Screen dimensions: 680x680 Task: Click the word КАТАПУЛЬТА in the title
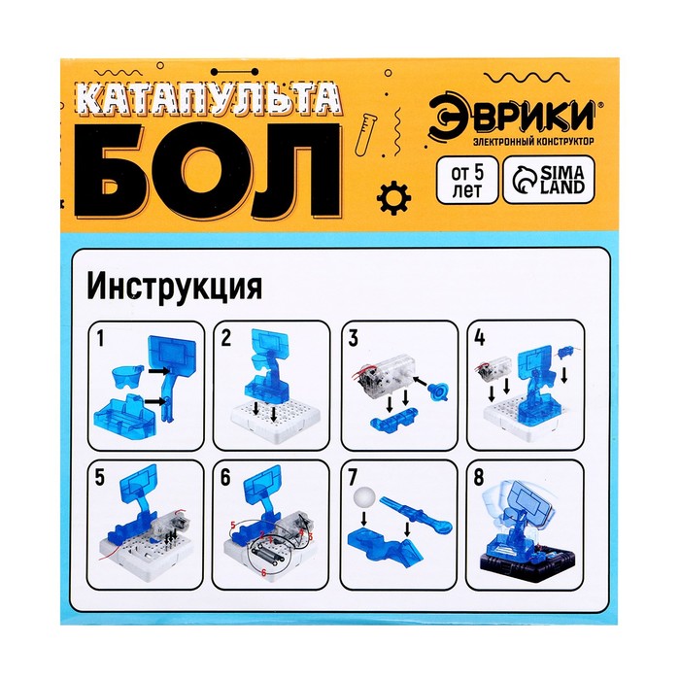tap(209, 102)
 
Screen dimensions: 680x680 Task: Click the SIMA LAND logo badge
tap(549, 180)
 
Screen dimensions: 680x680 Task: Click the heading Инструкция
tap(175, 288)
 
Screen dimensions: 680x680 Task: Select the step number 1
tap(101, 339)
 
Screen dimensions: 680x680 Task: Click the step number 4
tap(480, 339)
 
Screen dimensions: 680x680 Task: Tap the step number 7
tap(352, 478)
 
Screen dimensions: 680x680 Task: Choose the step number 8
tap(479, 478)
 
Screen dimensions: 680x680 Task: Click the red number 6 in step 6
tap(263, 573)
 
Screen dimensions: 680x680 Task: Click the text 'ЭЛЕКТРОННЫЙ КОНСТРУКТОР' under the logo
tap(533, 141)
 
